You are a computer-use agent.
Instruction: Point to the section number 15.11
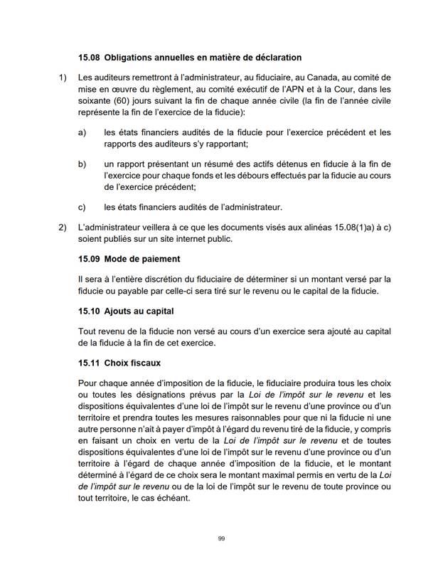90,363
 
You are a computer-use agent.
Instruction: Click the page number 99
221,540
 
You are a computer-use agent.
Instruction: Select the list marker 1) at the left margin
62,77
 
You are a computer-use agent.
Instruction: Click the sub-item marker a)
82,132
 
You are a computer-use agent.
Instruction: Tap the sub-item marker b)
82,164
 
